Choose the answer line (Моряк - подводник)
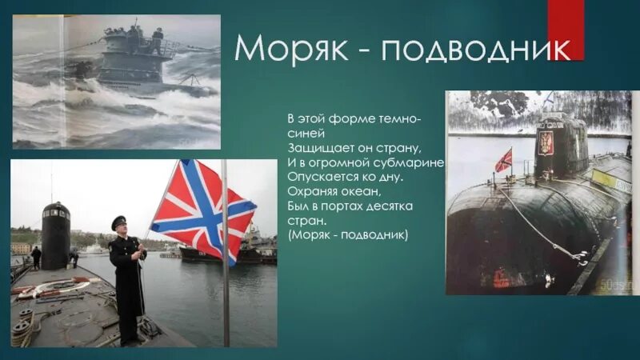tap(348, 234)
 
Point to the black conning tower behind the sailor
tap(55, 236)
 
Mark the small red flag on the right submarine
tap(503, 160)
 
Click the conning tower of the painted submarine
tap(137, 48)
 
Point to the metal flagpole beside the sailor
tap(225, 264)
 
